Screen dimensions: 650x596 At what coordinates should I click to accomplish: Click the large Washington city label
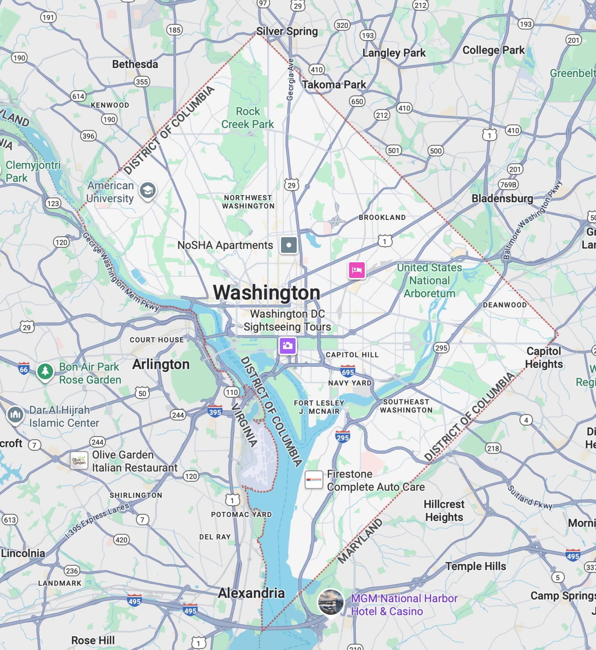point(267,293)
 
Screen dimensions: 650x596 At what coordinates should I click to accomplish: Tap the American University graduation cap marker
point(147,190)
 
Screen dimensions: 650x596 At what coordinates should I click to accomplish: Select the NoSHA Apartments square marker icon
point(289,245)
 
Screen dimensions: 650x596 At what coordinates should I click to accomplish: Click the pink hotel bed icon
point(356,269)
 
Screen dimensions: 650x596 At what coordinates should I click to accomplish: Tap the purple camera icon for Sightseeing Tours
point(287,346)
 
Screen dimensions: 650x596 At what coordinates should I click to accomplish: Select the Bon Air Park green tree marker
point(45,371)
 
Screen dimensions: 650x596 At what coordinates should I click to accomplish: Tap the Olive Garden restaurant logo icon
point(79,460)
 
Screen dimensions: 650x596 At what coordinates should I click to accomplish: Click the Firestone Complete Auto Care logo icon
point(314,480)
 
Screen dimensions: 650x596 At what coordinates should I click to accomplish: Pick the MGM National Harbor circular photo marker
point(330,602)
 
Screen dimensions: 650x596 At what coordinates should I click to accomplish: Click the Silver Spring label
point(287,31)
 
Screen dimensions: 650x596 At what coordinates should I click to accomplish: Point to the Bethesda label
point(135,64)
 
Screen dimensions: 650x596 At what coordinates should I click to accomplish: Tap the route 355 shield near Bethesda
point(142,82)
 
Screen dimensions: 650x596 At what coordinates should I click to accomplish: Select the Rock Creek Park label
point(247,118)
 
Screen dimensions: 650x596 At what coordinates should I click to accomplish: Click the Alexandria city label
point(251,593)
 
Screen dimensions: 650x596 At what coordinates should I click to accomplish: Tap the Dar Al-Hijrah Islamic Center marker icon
point(15,414)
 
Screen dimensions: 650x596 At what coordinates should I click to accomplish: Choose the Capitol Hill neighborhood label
point(352,355)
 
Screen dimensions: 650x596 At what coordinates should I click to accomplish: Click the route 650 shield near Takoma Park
point(357,101)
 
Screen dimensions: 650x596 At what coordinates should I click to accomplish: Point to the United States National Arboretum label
point(429,280)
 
